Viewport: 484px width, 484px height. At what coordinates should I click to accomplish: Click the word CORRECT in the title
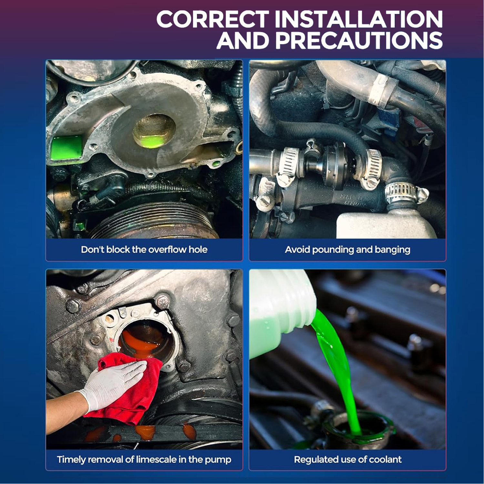pos(212,19)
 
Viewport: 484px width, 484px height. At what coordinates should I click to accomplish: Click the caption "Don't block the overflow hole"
pos(144,249)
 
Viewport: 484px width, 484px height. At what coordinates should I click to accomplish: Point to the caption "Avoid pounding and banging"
pos(348,250)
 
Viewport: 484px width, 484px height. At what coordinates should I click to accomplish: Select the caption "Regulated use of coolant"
pos(348,459)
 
